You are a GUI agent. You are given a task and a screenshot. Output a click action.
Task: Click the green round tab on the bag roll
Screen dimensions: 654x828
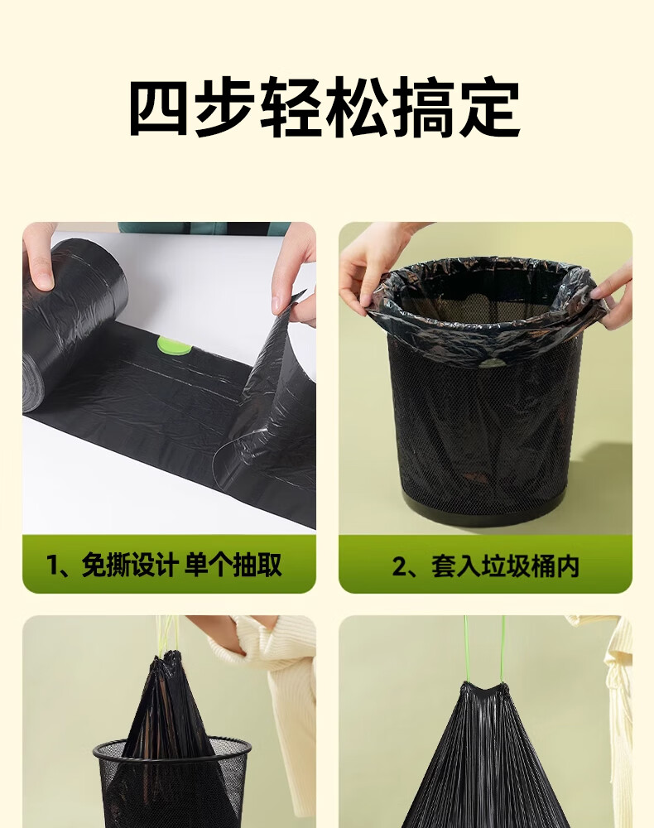tap(173, 346)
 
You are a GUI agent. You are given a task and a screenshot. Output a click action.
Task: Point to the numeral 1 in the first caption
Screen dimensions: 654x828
tap(52, 566)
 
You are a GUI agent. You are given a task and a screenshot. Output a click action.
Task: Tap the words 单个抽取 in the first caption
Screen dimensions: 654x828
tap(233, 565)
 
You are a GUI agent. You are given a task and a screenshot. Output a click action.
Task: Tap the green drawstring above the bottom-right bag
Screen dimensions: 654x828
tap(484, 649)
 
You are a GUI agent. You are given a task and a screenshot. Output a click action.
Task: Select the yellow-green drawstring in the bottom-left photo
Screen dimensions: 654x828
tap(164, 636)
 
